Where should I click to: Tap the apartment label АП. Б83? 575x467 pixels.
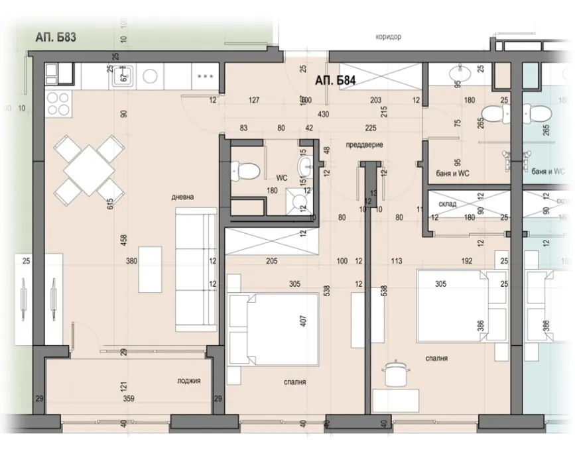[x=56, y=38]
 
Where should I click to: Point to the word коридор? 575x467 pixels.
[x=387, y=37]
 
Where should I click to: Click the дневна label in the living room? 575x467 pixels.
[x=182, y=197]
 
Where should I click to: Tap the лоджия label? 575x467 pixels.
[x=188, y=381]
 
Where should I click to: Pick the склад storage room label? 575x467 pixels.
[x=448, y=204]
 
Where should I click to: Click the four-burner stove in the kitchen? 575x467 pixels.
[x=58, y=103]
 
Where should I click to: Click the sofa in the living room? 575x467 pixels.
[x=195, y=270]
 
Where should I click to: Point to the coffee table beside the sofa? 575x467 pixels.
[x=149, y=269]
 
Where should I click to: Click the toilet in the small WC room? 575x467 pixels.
[x=247, y=171]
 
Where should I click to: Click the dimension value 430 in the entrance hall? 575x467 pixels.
[x=324, y=114]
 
